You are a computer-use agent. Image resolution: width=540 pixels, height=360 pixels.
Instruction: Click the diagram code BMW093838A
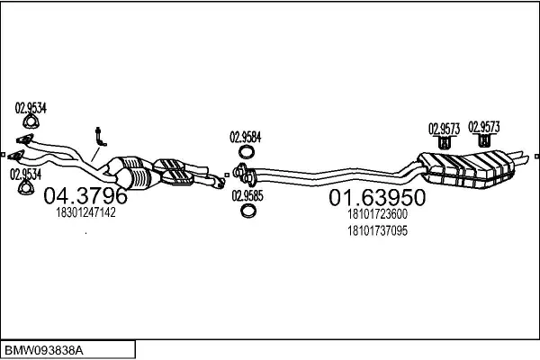tap(43, 351)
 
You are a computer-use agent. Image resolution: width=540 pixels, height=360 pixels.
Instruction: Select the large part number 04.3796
tap(85, 195)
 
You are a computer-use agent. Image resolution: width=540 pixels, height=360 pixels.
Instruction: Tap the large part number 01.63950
tap(377, 198)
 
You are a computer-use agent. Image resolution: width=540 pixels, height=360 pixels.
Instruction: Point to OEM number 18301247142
tap(85, 212)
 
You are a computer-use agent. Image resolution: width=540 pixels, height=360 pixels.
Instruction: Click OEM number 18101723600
tap(377, 214)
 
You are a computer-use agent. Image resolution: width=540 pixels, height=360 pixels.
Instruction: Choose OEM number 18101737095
tap(377, 230)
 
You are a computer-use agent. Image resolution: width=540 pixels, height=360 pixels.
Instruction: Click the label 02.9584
tap(246, 138)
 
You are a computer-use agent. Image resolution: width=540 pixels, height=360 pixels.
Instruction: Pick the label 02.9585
tap(247, 196)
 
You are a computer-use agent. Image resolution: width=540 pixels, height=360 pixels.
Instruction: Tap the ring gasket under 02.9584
tap(247, 151)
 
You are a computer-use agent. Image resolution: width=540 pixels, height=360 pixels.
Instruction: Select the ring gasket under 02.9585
tap(247, 211)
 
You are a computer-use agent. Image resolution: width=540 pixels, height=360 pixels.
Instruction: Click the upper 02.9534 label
tap(31, 108)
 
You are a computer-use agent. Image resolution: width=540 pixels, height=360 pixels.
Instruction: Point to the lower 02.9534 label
tap(25, 175)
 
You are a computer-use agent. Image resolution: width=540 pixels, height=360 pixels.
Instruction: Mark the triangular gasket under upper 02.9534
tap(31, 121)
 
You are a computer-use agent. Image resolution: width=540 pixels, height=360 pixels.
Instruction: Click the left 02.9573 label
tap(445, 129)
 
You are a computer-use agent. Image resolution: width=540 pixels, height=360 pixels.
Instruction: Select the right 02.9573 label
tap(484, 127)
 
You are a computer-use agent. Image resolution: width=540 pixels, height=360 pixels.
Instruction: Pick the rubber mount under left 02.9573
tap(445, 142)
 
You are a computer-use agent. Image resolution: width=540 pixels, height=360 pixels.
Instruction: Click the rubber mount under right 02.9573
tap(484, 139)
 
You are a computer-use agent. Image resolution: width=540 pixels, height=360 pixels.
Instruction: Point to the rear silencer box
tap(466, 169)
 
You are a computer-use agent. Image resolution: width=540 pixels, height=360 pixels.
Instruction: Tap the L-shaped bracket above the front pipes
tap(100, 138)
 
